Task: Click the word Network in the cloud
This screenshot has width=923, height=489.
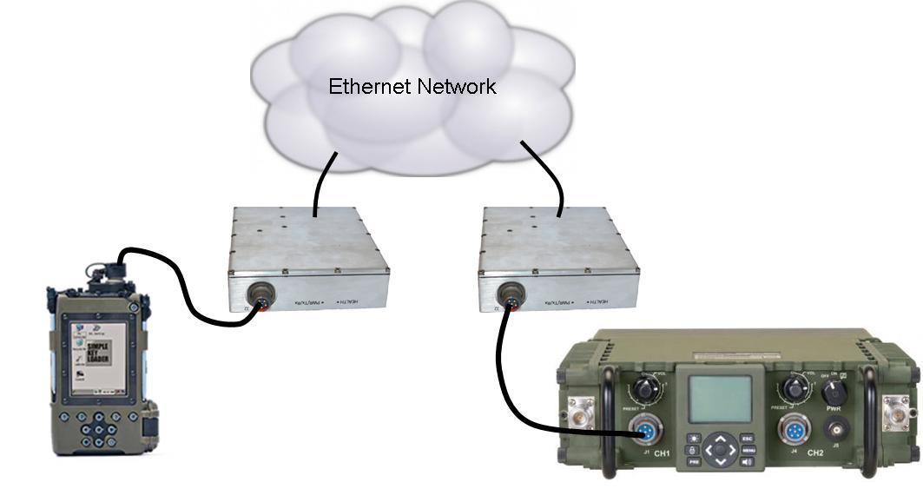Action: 456,87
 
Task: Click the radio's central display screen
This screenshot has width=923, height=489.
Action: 720,399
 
